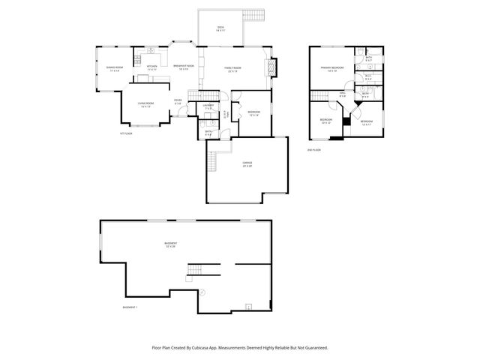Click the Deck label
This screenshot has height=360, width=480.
click(x=221, y=29)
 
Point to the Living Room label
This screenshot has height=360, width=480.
click(x=145, y=105)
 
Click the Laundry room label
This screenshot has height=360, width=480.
click(x=208, y=106)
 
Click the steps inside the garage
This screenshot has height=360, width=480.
click(x=212, y=160)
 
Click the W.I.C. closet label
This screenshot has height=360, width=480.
click(x=368, y=76)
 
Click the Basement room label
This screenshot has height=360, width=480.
click(x=172, y=245)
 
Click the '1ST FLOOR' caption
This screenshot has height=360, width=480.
click(x=126, y=133)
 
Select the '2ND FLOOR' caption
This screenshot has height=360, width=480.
click(x=314, y=150)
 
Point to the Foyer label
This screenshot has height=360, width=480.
click(x=178, y=102)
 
